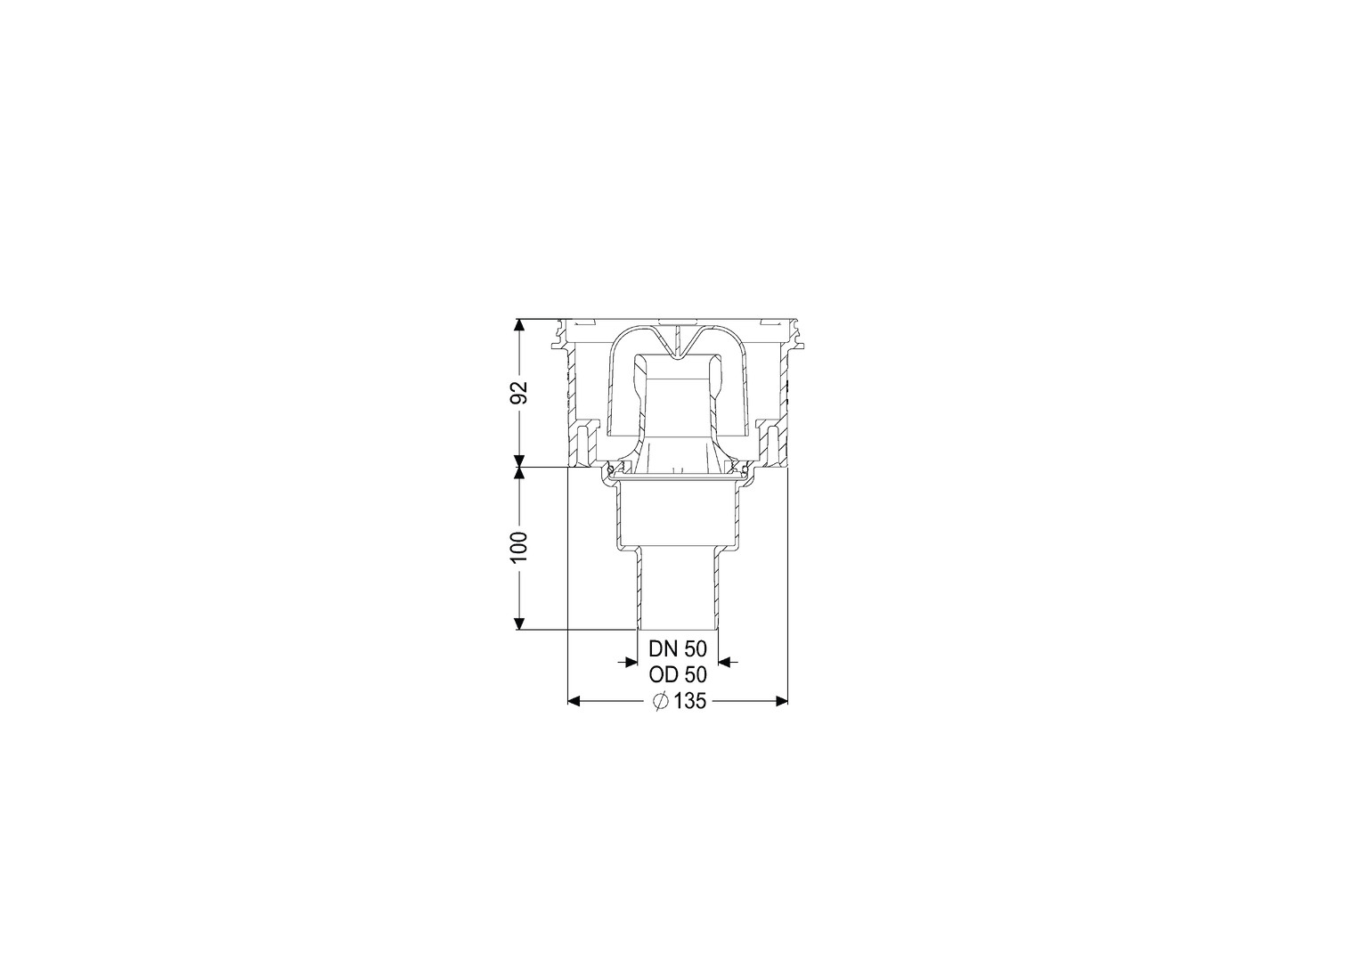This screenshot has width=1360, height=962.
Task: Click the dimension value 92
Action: pos(520,393)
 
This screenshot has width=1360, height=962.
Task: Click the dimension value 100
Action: pos(520,547)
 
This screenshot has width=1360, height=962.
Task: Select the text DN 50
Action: pos(678,649)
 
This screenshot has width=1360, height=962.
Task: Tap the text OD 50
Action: pos(678,675)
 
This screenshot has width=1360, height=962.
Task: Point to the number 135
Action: pos(689,702)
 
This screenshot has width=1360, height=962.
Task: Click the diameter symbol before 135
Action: pos(661,702)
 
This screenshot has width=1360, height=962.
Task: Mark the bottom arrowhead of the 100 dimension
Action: pos(518,623)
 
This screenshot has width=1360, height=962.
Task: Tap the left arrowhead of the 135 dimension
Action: pos(574,702)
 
